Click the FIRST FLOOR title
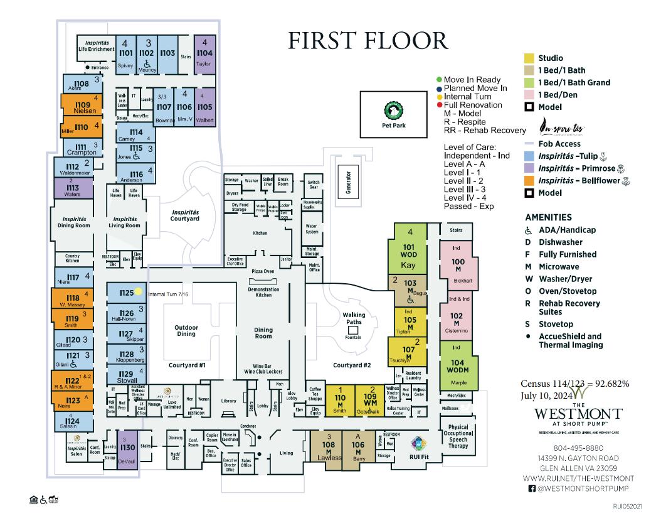368,40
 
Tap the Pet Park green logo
391,110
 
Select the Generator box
347,181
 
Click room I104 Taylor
205,54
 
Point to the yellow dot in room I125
139,292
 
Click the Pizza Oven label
263,271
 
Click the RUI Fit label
419,456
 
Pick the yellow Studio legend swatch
529,58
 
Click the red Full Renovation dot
440,105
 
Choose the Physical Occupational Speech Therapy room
459,436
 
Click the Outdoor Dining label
186,331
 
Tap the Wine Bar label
263,366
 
